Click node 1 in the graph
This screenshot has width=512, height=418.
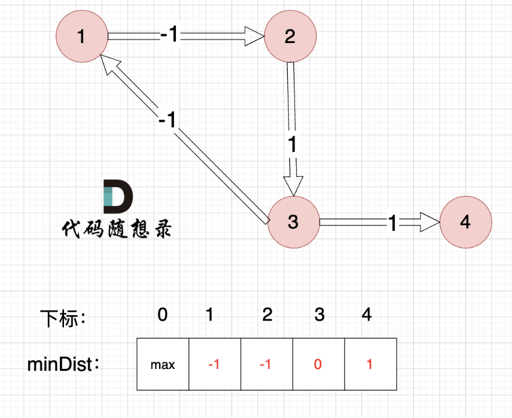pyautogui.click(x=81, y=36)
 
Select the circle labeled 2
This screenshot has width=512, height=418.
pyautogui.click(x=290, y=36)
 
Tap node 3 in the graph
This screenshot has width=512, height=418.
pyautogui.click(x=293, y=222)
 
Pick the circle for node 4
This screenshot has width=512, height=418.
pyautogui.click(x=466, y=222)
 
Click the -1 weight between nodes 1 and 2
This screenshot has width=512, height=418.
pyautogui.click(x=170, y=36)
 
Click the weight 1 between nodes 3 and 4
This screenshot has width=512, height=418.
pyautogui.click(x=393, y=223)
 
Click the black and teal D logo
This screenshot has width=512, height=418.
pyautogui.click(x=118, y=196)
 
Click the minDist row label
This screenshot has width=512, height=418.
pyautogui.click(x=63, y=364)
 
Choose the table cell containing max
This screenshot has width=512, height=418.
pyautogui.click(x=163, y=364)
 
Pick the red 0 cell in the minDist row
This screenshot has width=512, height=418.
pyautogui.click(x=318, y=364)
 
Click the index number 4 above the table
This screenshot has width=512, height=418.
pyautogui.click(x=367, y=314)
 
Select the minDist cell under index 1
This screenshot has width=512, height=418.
pyautogui.click(x=214, y=364)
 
